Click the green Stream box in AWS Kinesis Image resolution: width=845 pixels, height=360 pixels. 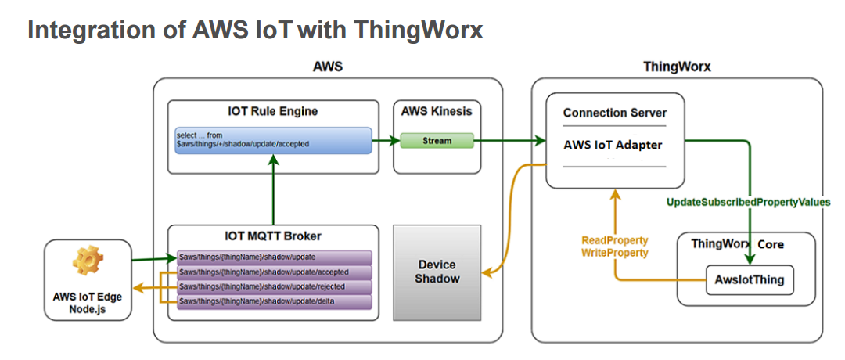click(x=437, y=141)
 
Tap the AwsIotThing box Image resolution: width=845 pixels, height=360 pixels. click(x=750, y=279)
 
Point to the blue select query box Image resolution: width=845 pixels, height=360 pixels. click(x=273, y=141)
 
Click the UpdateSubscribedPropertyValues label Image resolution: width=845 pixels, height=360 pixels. click(x=748, y=203)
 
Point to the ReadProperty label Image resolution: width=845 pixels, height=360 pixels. click(x=615, y=240)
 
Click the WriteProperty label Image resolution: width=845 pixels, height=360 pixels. click(x=615, y=253)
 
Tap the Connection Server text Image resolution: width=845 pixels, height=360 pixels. click(x=615, y=113)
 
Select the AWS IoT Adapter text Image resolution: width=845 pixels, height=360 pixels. click(x=613, y=145)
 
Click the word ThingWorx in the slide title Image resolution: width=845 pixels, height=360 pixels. click(x=418, y=30)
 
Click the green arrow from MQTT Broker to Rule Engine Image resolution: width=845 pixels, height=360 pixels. click(x=272, y=191)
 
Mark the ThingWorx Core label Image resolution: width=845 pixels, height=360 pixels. click(x=737, y=244)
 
